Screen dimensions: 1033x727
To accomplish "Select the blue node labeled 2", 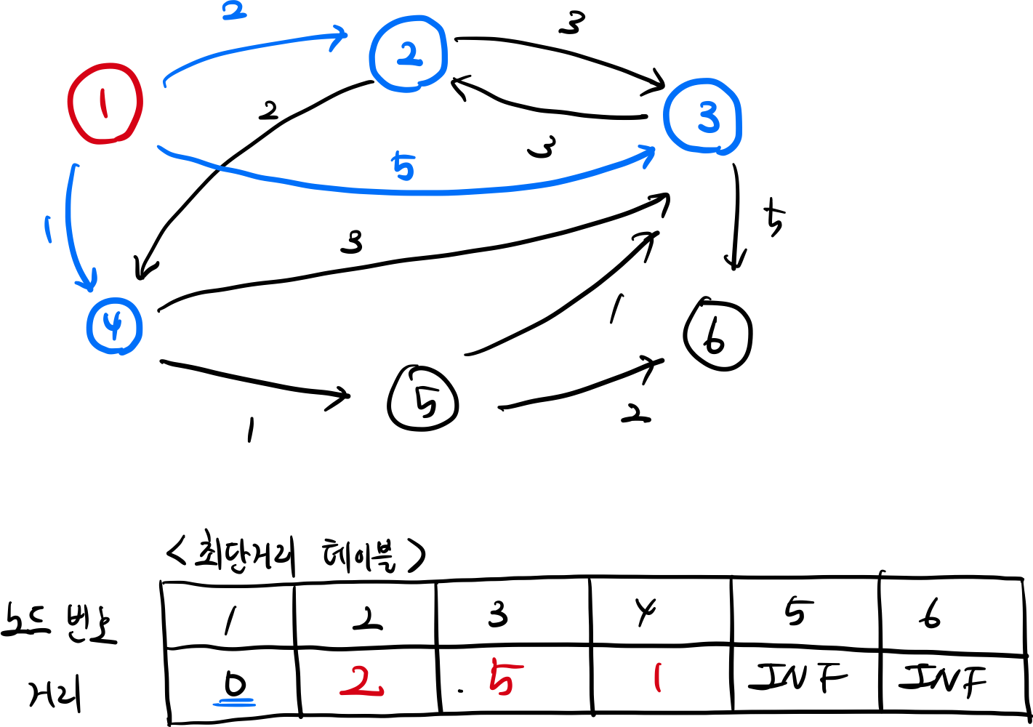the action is [408, 54].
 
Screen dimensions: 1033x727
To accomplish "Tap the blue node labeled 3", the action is [702, 116].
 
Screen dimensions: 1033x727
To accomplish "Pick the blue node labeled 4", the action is [114, 326].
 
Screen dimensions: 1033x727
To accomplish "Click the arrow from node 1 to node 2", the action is [247, 49].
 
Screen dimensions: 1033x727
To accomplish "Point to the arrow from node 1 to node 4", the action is [69, 225].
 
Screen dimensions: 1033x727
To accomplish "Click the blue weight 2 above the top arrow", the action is [234, 12].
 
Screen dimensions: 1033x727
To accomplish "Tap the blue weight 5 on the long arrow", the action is [403, 166].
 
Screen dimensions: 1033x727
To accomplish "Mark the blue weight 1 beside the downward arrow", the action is [48, 229].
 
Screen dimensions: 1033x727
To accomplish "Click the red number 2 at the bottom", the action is [362, 681].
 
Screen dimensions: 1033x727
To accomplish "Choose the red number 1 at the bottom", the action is [657, 677].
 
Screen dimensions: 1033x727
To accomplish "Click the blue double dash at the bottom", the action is [234, 703].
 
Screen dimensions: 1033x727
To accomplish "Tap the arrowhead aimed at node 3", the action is [647, 154].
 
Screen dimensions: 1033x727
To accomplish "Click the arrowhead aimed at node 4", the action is [89, 282].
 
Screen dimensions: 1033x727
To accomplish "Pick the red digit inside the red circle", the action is [103, 104].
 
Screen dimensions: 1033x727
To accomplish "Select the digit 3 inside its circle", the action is [707, 118].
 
